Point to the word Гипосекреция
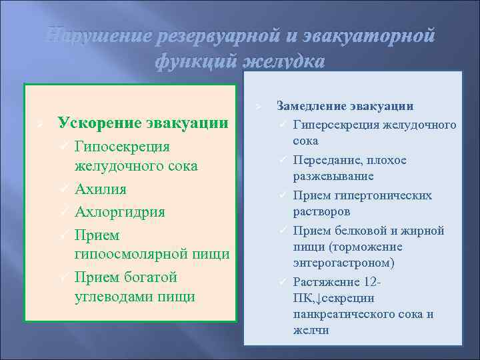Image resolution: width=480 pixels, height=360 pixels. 123,146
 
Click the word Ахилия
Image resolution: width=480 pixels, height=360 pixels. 101,189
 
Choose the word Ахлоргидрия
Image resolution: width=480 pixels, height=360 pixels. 120,212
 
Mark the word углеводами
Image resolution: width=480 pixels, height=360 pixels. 115,296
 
